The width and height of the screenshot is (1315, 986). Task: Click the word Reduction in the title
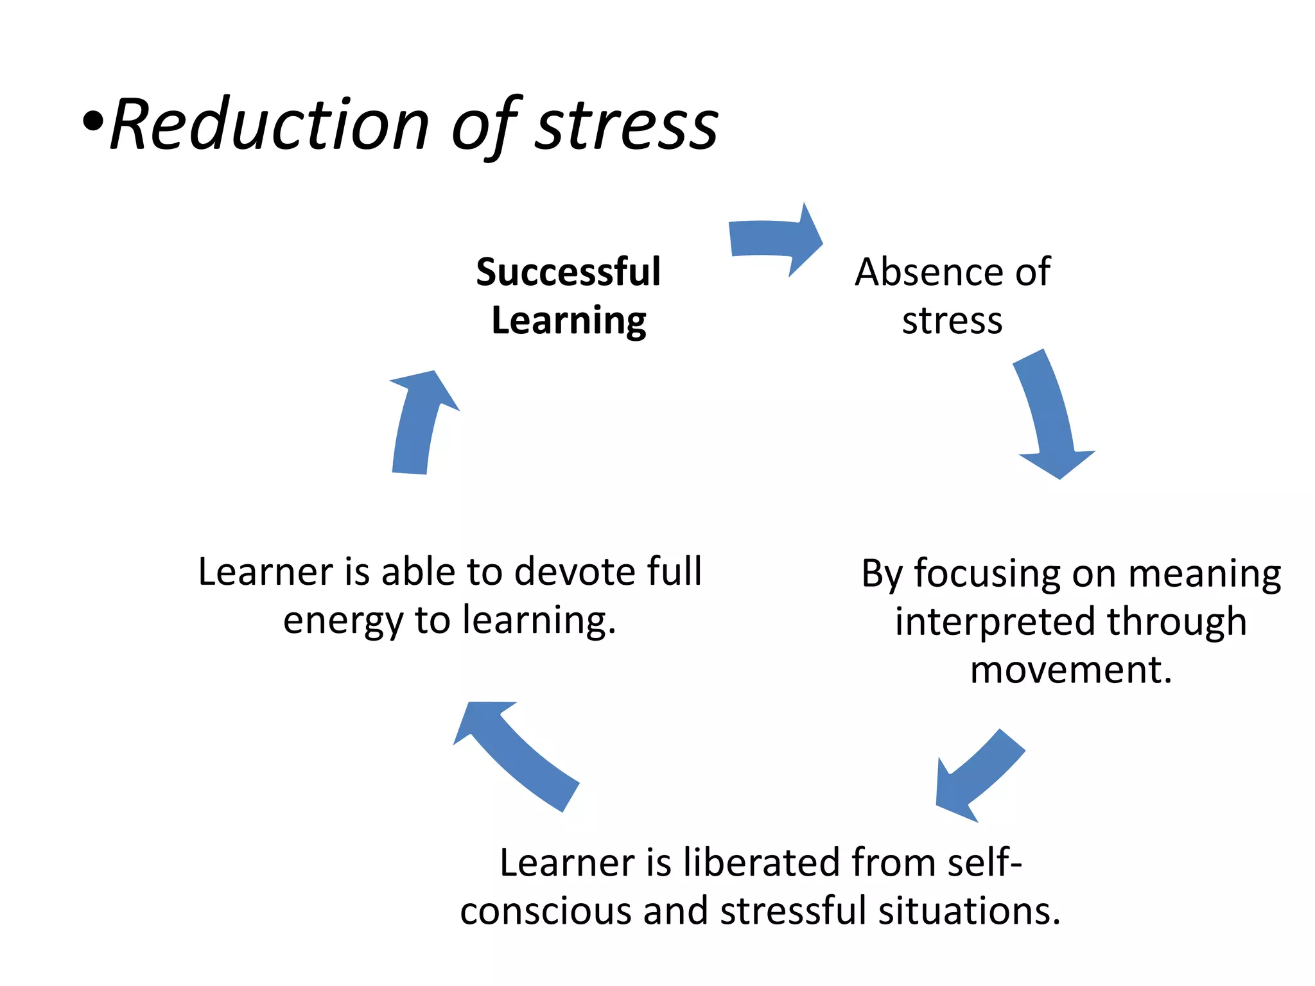click(x=270, y=125)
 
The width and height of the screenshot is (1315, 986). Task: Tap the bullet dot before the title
click(x=93, y=122)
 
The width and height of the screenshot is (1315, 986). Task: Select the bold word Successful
click(x=568, y=272)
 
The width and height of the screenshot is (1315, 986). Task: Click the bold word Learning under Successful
click(x=569, y=321)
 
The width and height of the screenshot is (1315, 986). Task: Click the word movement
click(x=1071, y=670)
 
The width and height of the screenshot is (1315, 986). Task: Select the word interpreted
click(x=996, y=622)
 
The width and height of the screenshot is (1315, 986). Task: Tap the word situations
click(x=969, y=911)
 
